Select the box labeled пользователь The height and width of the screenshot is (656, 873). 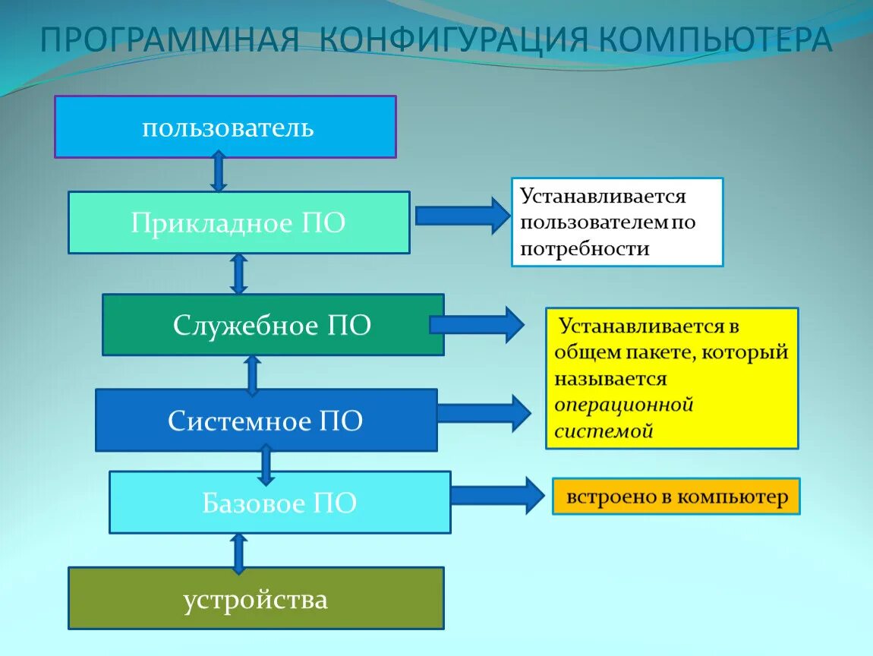(x=225, y=127)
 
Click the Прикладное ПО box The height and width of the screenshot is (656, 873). (x=238, y=222)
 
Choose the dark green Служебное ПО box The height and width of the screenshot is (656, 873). (x=273, y=325)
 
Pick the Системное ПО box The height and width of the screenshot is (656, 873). (x=266, y=420)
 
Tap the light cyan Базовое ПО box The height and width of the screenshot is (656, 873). (x=279, y=503)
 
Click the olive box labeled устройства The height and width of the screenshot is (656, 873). (x=256, y=598)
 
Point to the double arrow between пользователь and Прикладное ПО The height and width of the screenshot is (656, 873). (x=219, y=172)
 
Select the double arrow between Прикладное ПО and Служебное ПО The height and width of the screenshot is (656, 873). (x=238, y=273)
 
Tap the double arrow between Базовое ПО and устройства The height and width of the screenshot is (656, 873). (x=238, y=552)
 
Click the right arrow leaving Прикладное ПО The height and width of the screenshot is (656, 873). (x=462, y=216)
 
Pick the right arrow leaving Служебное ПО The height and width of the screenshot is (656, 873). (x=477, y=325)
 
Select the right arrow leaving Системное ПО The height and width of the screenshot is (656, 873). (x=484, y=413)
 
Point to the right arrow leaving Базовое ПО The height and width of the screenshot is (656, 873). (x=497, y=496)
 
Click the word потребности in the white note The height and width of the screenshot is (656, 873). (x=585, y=248)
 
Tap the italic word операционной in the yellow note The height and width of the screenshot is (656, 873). (x=624, y=404)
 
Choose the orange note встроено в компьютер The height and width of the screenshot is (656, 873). (x=676, y=497)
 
